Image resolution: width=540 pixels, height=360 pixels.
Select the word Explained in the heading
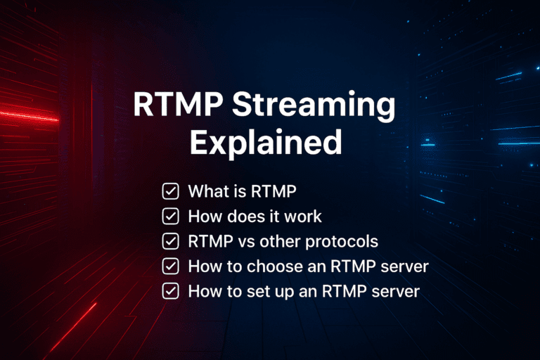coord(266,143)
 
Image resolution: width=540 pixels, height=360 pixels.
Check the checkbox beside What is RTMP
coord(170,191)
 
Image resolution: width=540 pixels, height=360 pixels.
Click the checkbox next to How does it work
coord(170,216)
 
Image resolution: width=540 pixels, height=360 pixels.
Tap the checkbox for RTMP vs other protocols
coord(170,241)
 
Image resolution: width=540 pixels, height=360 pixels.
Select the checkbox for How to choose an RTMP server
coord(170,266)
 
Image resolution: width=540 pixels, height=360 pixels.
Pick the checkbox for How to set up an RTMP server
coord(170,291)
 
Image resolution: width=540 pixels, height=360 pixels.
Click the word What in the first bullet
coord(207,191)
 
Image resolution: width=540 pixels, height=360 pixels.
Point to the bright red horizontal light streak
coord(28,115)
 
